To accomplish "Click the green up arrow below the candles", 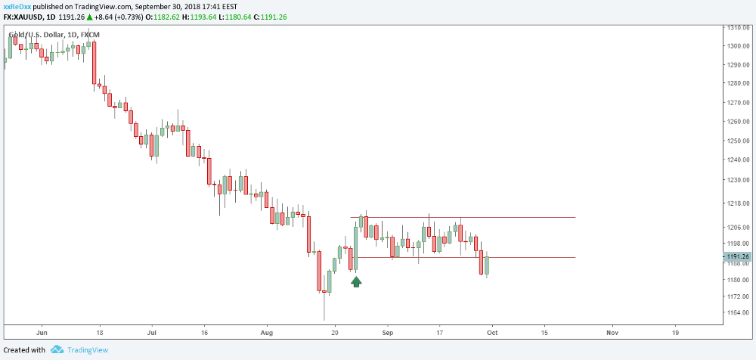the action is [x=356, y=282].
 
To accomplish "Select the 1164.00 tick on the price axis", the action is [x=739, y=312].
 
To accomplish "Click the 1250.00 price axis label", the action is [x=739, y=141].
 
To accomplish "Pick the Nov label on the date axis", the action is [x=612, y=333].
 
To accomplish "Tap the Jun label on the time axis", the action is [x=42, y=333].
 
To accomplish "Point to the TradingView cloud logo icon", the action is [x=57, y=349].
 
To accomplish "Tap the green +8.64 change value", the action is [x=103, y=17].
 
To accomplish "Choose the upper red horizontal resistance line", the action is [x=463, y=217].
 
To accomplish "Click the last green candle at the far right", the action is [x=487, y=265].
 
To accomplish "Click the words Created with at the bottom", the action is [x=25, y=349].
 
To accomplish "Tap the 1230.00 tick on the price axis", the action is [x=739, y=180].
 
